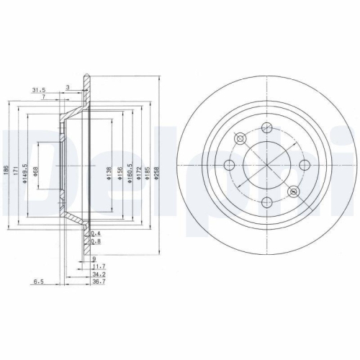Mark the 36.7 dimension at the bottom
pyautogui.click(x=99, y=282)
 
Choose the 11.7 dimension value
pyautogui.click(x=99, y=266)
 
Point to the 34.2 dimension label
pyautogui.click(x=99, y=274)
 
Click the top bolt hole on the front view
pyautogui.click(x=267, y=128)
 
